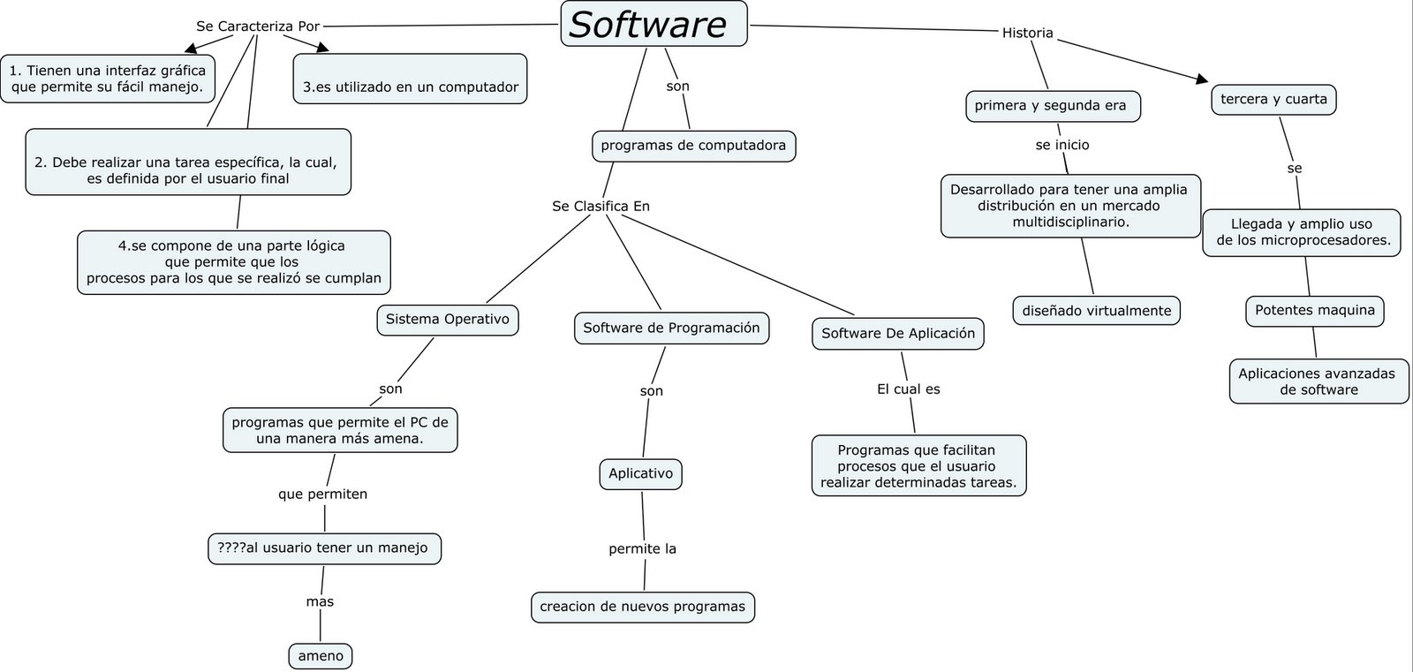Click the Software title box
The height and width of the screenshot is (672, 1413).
(654, 24)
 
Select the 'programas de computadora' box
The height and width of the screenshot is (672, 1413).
(693, 146)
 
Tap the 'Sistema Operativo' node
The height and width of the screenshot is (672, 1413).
(448, 320)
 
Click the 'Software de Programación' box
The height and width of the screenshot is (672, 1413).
(671, 328)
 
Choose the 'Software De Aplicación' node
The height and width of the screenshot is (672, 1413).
(897, 333)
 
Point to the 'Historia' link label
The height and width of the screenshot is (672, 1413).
(1027, 33)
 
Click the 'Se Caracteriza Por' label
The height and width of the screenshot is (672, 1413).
(257, 26)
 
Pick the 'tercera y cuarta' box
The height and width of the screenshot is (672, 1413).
(1273, 99)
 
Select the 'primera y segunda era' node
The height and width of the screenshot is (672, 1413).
(1051, 106)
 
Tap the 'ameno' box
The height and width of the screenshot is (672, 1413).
(321, 656)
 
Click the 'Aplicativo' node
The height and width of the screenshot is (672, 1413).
(640, 473)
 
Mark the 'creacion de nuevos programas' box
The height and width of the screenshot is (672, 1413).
(642, 607)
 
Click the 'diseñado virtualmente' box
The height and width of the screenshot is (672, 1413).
(1096, 311)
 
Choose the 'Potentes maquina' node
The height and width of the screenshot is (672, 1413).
(1314, 310)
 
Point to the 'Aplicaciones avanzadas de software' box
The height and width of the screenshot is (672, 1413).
(1318, 381)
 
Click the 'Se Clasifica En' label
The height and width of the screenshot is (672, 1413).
(601, 206)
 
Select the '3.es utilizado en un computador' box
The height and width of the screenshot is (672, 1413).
(411, 87)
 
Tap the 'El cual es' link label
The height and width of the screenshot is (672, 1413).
(908, 389)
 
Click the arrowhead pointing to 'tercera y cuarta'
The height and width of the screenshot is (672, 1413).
(1202, 79)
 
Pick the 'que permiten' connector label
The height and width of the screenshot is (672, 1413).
(322, 494)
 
